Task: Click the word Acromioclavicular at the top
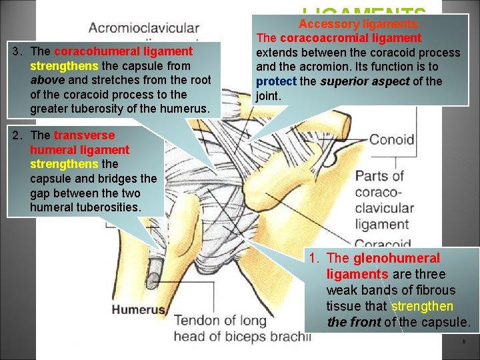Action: click(143, 29)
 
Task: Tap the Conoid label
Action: click(391, 140)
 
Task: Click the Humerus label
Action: click(139, 309)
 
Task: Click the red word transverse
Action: click(82, 135)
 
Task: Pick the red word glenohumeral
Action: click(396, 258)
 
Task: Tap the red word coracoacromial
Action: click(317, 38)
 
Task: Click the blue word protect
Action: click(276, 81)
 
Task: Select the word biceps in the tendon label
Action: click(243, 336)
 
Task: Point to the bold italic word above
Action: click(48, 80)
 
